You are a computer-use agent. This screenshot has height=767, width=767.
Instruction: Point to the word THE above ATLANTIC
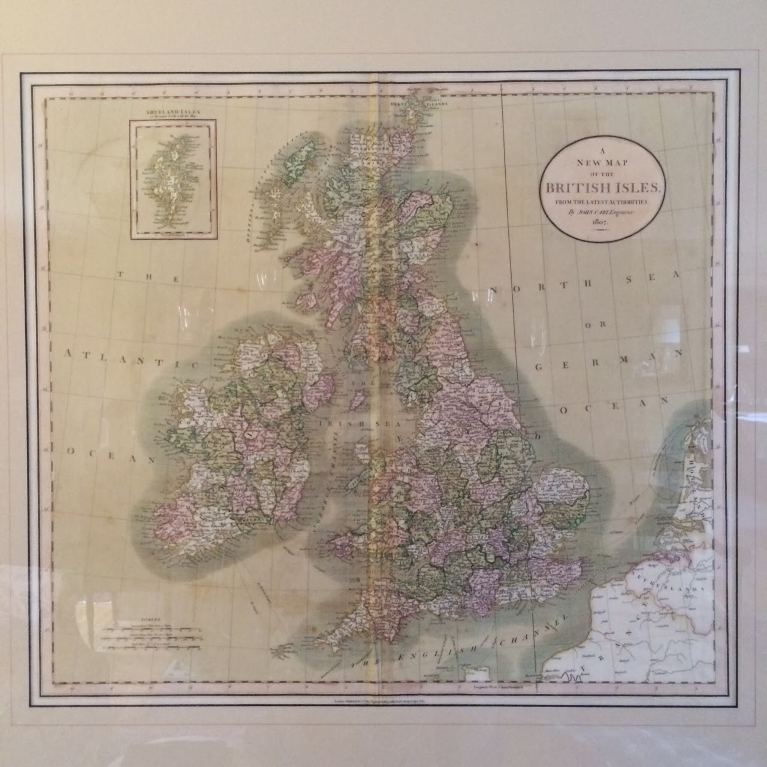coord(147,277)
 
